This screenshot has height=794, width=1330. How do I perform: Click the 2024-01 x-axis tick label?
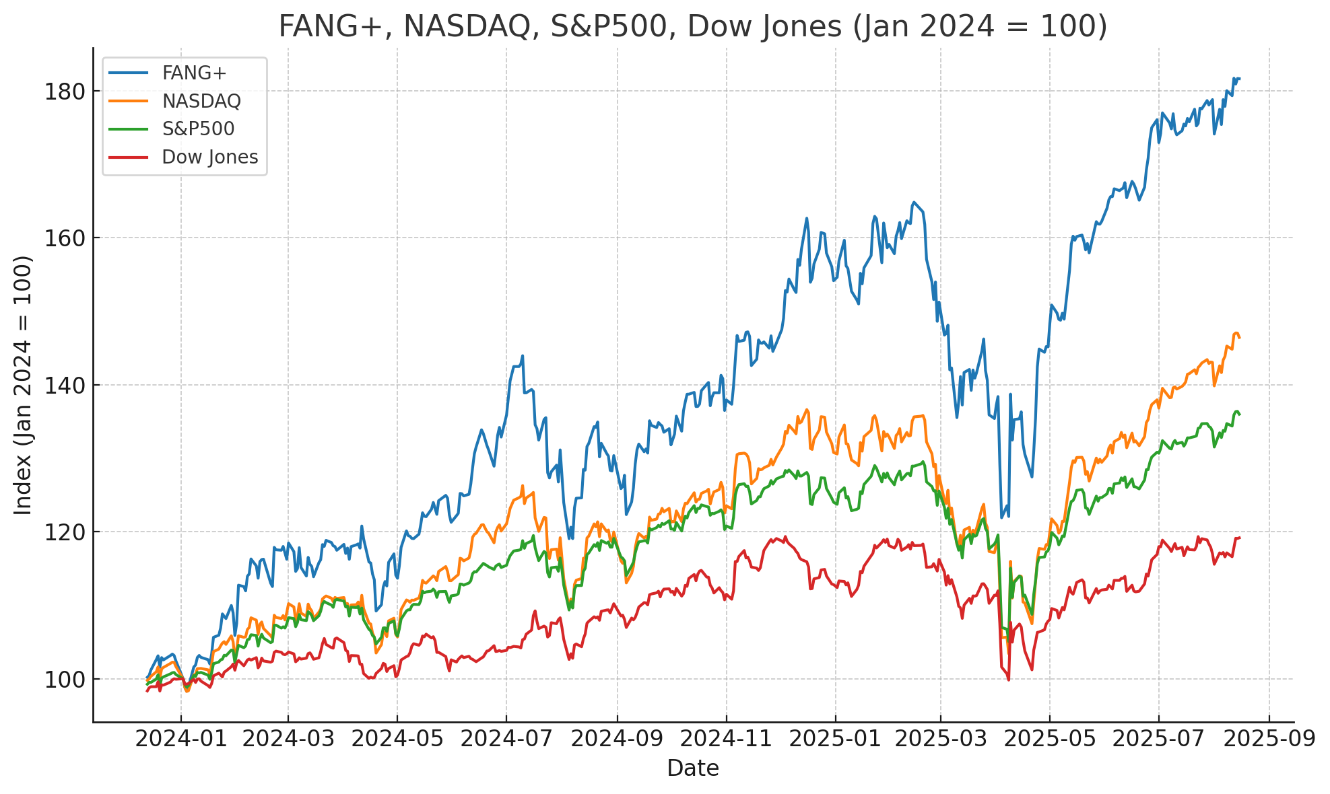(x=180, y=739)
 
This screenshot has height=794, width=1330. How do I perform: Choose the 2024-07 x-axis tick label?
(x=506, y=739)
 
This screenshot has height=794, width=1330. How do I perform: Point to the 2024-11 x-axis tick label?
(x=726, y=739)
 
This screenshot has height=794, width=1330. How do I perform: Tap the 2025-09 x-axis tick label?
(x=1269, y=739)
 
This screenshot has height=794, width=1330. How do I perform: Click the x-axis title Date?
(x=693, y=768)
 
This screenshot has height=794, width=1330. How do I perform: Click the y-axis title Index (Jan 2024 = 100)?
(x=23, y=385)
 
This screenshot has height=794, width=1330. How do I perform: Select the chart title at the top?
(x=693, y=27)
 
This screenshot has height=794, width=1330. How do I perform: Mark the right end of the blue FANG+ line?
(x=1239, y=79)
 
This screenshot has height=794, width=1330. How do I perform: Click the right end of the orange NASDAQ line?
(x=1239, y=337)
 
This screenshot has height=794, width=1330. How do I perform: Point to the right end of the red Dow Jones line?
(x=1239, y=538)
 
